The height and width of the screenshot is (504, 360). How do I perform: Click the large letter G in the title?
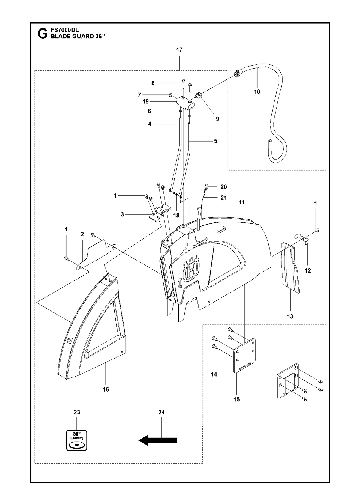[43, 34]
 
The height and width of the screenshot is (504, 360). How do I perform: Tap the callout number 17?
[179, 50]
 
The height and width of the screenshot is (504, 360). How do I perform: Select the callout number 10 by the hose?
[257, 91]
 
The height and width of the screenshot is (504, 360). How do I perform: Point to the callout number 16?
[106, 389]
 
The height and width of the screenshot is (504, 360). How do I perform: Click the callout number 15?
[237, 399]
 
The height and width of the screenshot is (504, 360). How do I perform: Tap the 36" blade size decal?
[76, 440]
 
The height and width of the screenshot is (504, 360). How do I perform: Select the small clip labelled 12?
[302, 239]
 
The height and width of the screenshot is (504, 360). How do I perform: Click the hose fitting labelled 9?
[198, 95]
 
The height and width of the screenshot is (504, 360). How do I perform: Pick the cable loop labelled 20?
[206, 186]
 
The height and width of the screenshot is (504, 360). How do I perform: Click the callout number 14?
[214, 374]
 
